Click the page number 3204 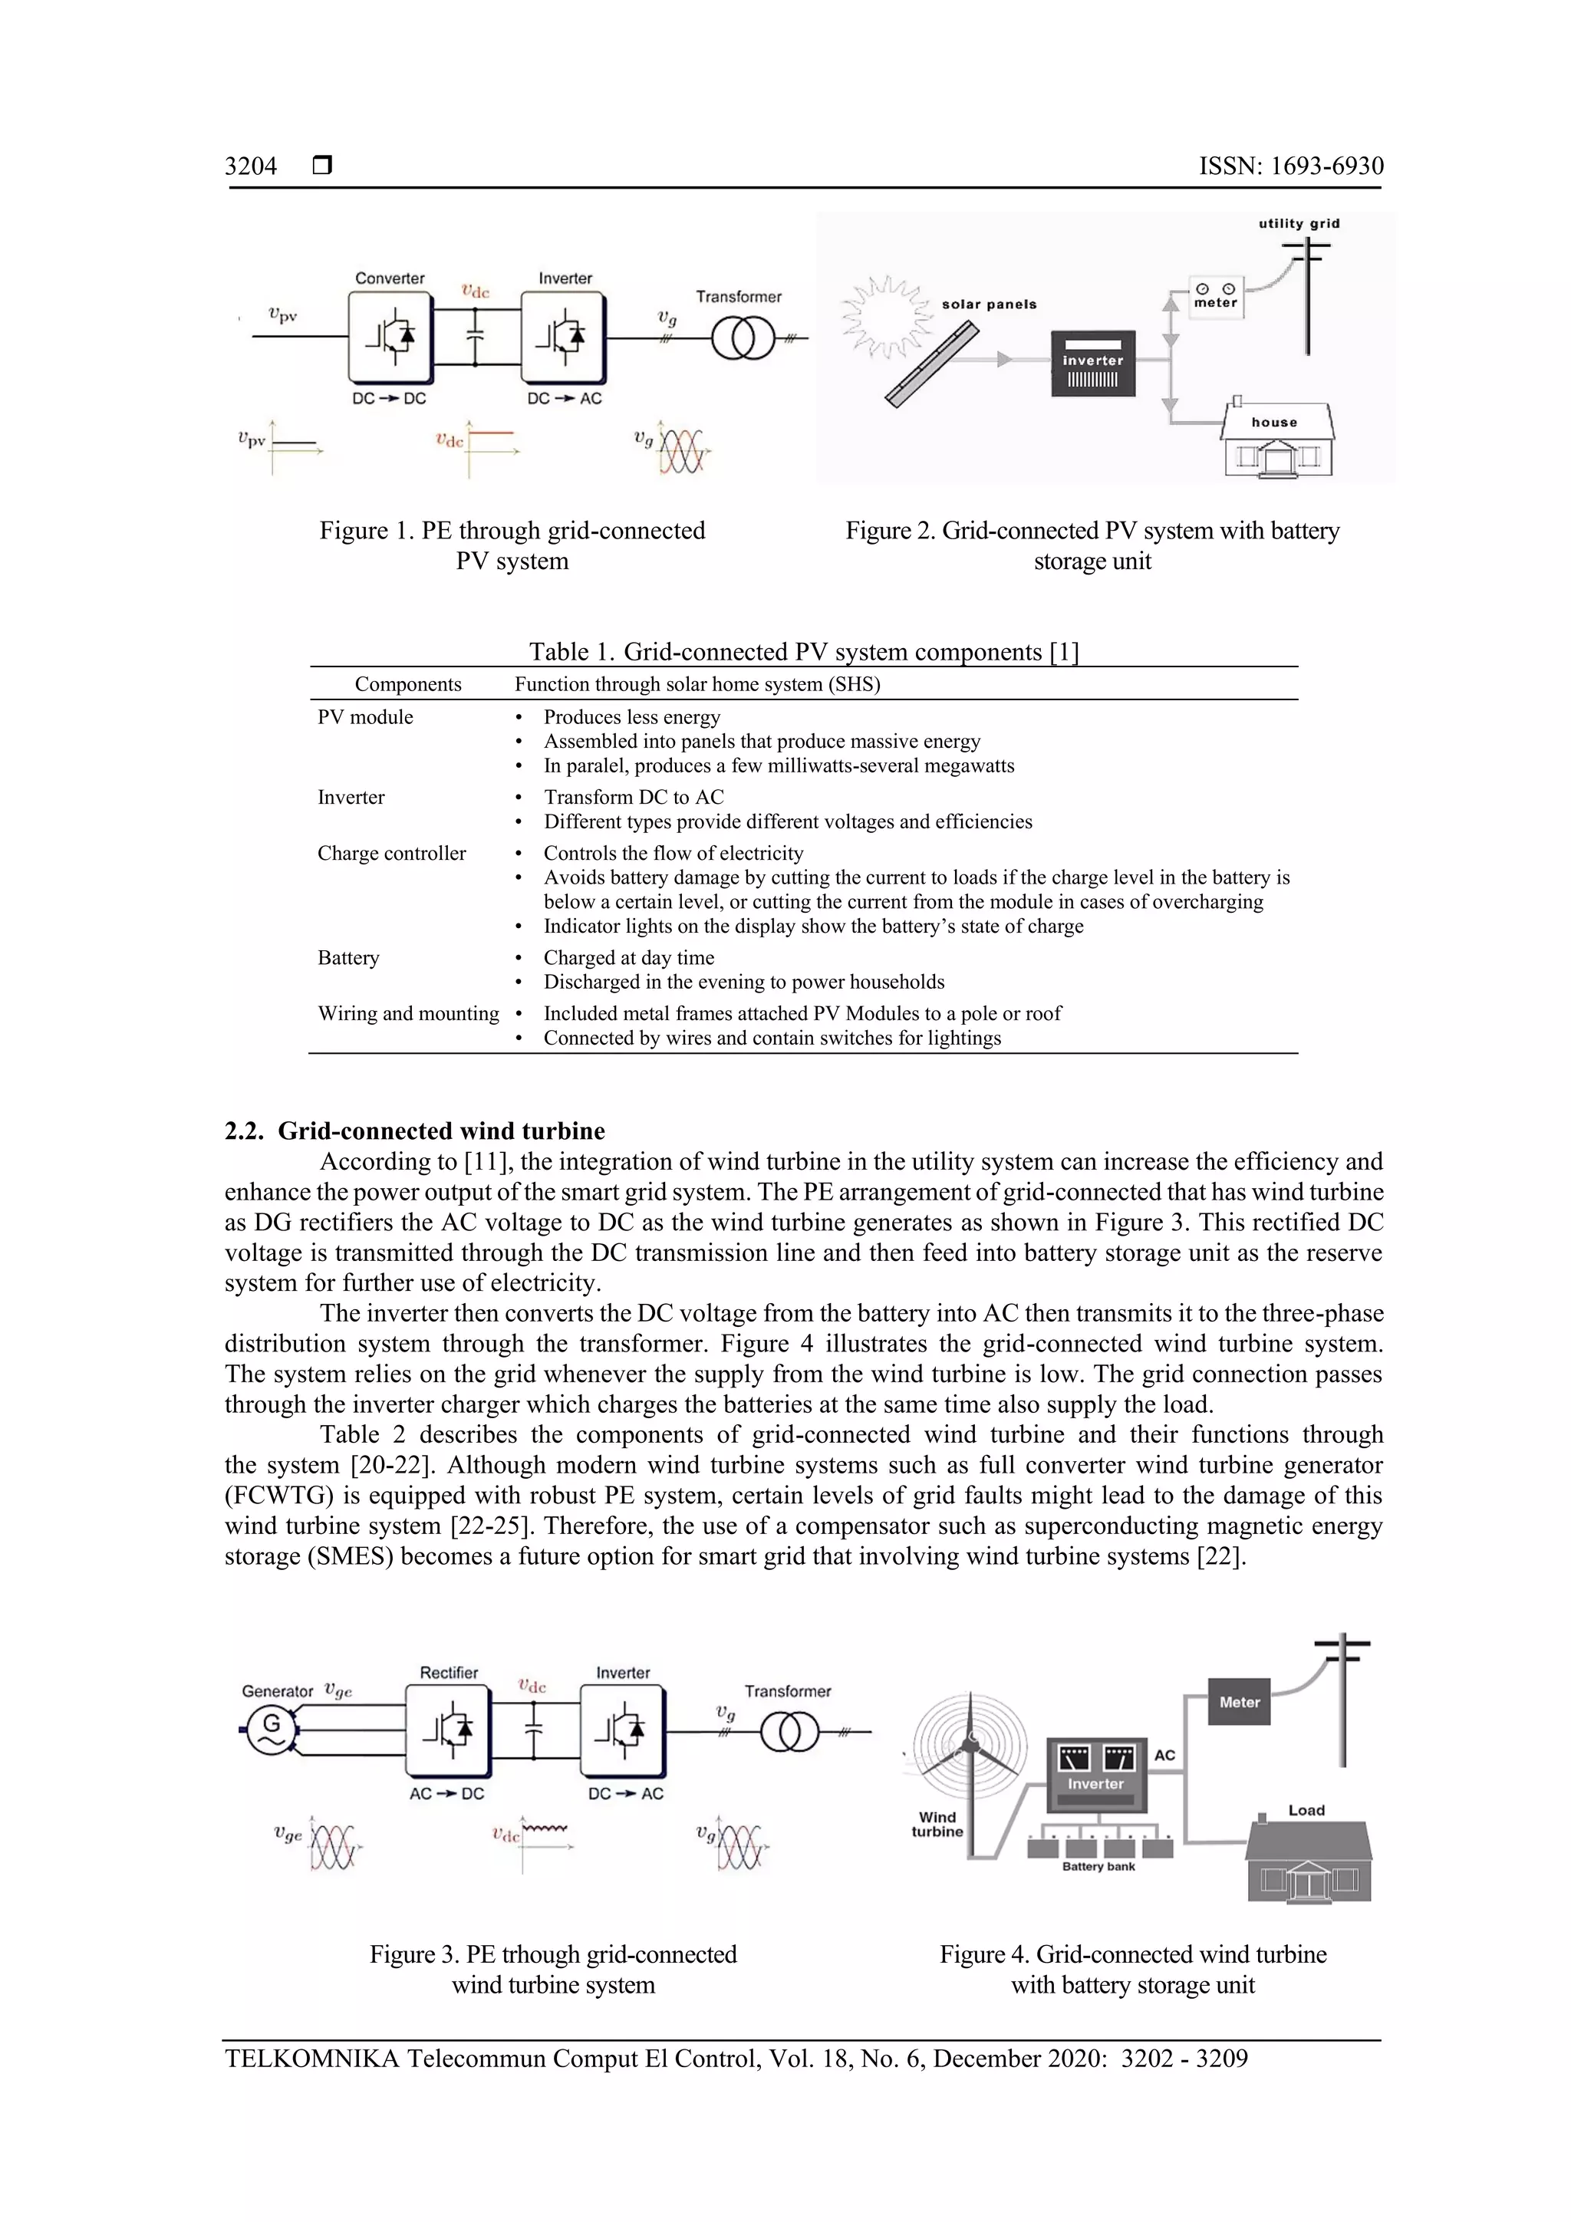click(x=251, y=166)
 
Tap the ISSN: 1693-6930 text click(x=1290, y=166)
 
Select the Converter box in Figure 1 click(x=390, y=337)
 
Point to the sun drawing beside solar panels click(x=879, y=314)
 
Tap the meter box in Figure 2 click(x=1215, y=296)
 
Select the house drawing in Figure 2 click(x=1276, y=441)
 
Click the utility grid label click(x=1299, y=223)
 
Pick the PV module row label click(x=365, y=717)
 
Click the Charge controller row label click(x=391, y=854)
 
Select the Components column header click(x=407, y=684)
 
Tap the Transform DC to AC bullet click(x=633, y=798)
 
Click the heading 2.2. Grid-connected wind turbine click(x=414, y=1131)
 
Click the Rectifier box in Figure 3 click(x=448, y=1729)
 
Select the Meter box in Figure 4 click(x=1239, y=1702)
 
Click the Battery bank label click(x=1098, y=1867)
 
